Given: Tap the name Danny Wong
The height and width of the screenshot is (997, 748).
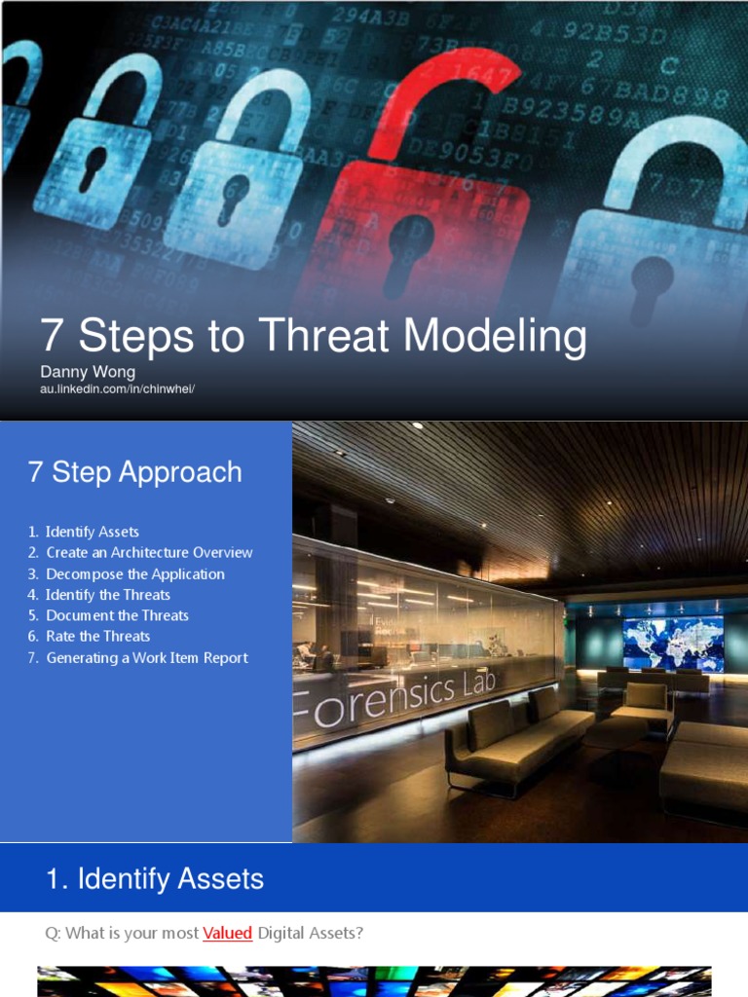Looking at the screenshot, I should point(88,372).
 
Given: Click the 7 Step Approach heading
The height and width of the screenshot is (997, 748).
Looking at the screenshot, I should point(135,472).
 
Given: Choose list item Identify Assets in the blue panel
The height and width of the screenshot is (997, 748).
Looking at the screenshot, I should point(92,532).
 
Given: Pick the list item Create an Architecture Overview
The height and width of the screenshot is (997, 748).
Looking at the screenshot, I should point(149,552).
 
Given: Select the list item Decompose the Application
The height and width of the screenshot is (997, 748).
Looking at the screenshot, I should point(134,573).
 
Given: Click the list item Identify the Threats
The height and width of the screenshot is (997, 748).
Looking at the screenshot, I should point(107,594).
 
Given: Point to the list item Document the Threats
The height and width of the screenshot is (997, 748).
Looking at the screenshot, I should point(117,615).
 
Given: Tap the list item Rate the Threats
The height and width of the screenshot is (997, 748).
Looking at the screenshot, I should point(97,636).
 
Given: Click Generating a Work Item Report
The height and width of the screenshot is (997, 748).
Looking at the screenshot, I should point(146,657).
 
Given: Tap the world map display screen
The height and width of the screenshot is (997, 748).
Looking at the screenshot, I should point(673,642).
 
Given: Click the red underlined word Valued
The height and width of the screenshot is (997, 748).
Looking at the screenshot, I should point(227,933).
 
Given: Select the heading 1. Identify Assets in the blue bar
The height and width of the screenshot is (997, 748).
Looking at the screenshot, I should point(155,879).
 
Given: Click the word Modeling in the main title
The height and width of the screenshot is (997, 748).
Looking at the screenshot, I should point(495,337).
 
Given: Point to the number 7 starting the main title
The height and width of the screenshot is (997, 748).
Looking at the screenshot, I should point(51,337).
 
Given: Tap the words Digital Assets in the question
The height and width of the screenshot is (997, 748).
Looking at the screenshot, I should point(310,933).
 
